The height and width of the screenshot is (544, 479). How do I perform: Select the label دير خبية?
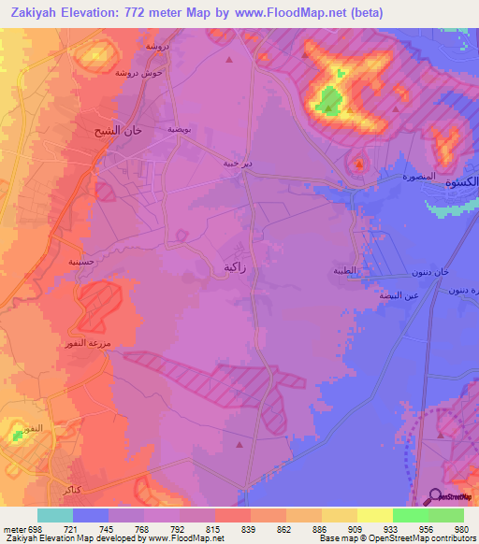237,163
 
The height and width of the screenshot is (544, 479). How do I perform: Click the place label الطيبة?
345,271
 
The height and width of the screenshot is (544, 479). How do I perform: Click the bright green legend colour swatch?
410,515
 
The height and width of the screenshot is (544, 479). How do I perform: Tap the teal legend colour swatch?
54,515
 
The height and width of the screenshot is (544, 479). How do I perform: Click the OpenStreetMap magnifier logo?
434,496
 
